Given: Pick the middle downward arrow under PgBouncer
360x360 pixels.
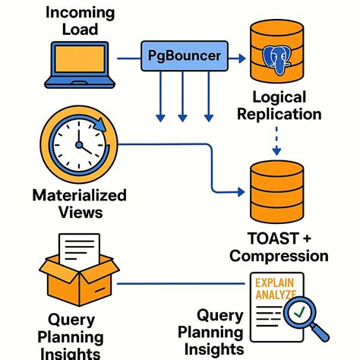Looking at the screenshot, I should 182,98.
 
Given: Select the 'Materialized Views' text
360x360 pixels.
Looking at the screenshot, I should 75,204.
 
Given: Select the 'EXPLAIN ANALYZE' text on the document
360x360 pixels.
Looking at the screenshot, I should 276,287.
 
